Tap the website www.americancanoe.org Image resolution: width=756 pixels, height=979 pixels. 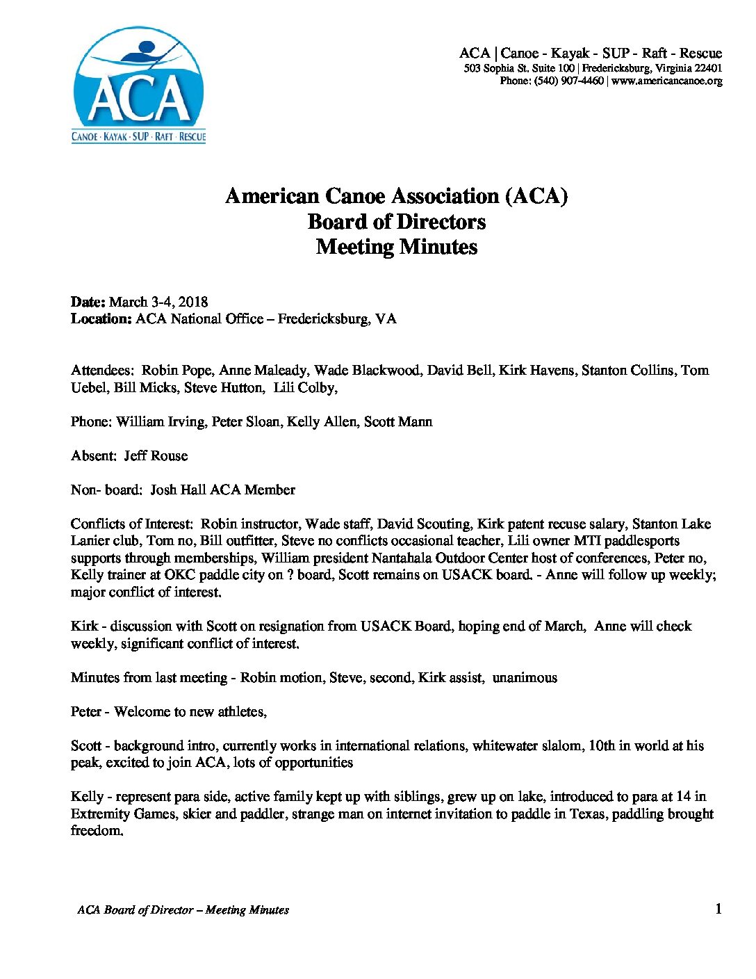[667, 81]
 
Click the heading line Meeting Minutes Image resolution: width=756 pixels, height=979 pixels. [396, 247]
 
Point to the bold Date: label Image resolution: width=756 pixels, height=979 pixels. [88, 302]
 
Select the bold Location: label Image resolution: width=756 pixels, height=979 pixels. [101, 319]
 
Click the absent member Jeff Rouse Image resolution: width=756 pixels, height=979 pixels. [156, 455]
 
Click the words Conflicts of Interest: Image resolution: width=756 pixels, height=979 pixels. [131, 524]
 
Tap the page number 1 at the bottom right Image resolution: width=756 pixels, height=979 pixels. [718, 909]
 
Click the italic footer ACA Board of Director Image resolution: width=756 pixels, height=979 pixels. [135, 909]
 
